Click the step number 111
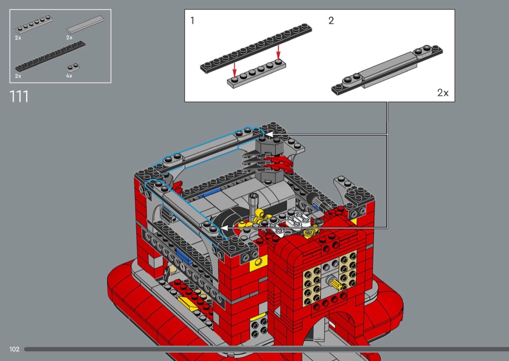pyautogui.click(x=19, y=97)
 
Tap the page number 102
pyautogui.click(x=14, y=349)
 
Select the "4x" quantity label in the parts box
pyautogui.click(x=69, y=76)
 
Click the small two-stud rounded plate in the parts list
pyautogui.click(x=73, y=67)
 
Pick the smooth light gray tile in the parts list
pyautogui.click(x=85, y=25)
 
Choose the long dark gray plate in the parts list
pyautogui.click(x=50, y=56)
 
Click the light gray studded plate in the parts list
pyautogui.click(x=34, y=25)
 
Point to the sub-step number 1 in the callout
pyautogui.click(x=192, y=21)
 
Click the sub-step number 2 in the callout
pyautogui.click(x=331, y=21)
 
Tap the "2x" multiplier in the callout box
pyautogui.click(x=443, y=93)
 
